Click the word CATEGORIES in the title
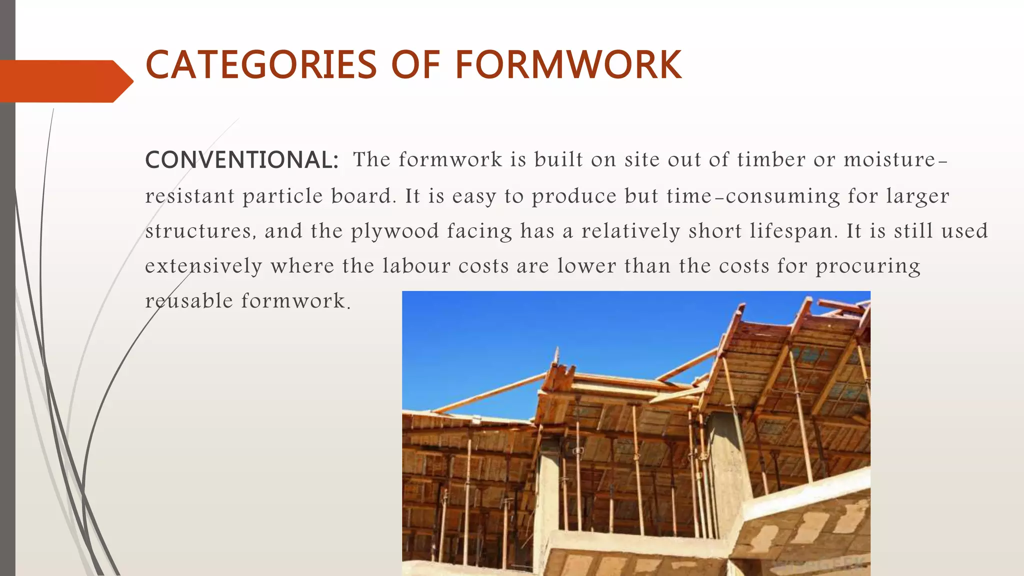260,65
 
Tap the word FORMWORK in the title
568,65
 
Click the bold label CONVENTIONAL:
242,160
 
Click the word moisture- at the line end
895,160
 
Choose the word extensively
203,266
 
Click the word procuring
868,266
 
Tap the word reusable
189,301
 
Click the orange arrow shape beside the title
65,81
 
